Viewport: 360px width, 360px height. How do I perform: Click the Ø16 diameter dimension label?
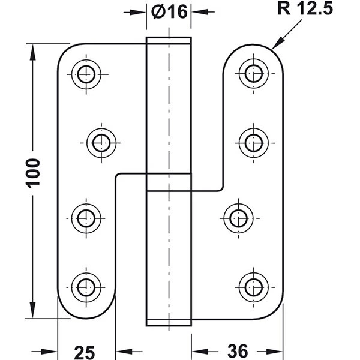click(169, 11)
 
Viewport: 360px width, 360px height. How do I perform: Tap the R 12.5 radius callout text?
click(305, 8)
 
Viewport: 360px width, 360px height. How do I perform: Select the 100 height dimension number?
click(33, 173)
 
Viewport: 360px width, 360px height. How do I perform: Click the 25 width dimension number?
click(84, 352)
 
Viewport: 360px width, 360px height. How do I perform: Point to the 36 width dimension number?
click(238, 351)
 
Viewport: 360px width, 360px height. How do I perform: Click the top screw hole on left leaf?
click(86, 74)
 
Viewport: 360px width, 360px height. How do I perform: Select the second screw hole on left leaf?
click(101, 143)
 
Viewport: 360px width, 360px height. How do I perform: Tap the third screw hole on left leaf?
click(86, 218)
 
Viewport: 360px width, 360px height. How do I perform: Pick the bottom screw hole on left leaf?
click(86, 287)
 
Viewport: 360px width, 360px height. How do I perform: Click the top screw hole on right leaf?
click(254, 74)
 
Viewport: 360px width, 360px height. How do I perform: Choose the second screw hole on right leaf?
click(254, 143)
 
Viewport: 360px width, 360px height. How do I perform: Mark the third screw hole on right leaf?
click(239, 218)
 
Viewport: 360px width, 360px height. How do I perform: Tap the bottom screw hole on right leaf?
click(254, 287)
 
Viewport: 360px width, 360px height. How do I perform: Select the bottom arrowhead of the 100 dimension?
click(33, 310)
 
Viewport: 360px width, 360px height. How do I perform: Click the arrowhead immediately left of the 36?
click(200, 351)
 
